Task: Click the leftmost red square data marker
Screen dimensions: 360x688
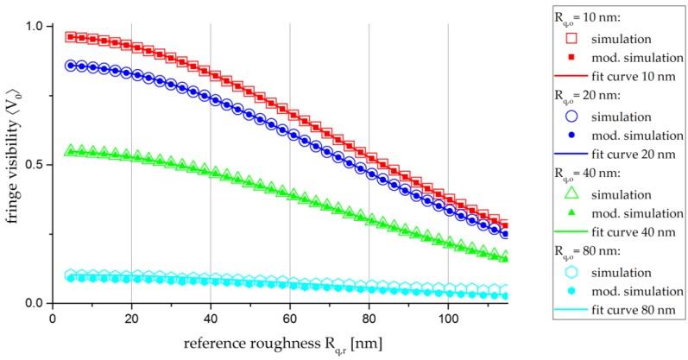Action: point(72,37)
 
